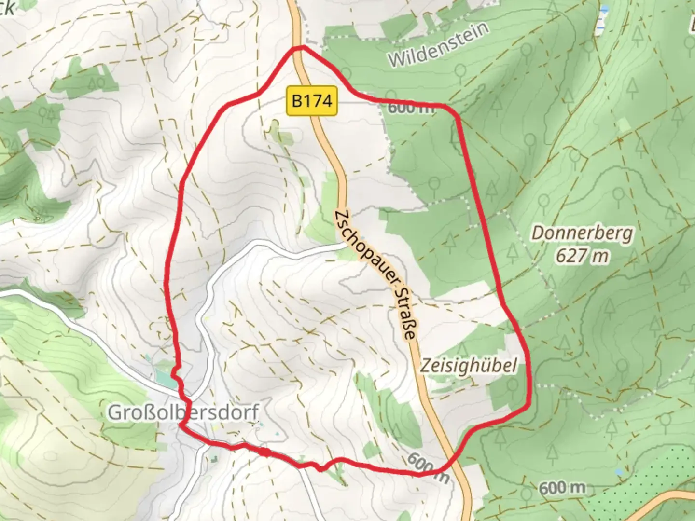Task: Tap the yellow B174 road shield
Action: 312,101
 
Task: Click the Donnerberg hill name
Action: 582,233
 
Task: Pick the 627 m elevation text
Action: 582,256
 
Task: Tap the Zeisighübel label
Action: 468,365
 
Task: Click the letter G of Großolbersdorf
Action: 113,413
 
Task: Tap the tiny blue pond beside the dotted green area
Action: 619,471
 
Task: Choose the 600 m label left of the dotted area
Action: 562,488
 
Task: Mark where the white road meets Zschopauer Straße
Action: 346,245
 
